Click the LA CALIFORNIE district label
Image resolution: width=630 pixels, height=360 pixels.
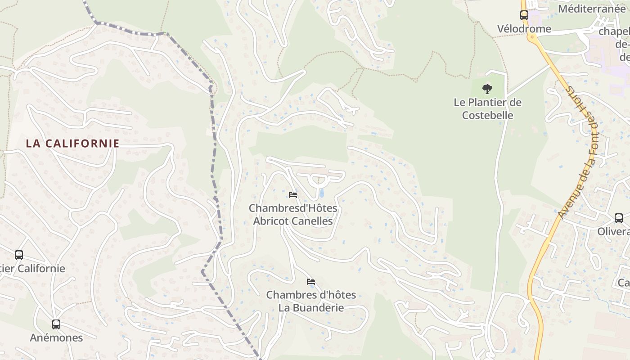click(72, 144)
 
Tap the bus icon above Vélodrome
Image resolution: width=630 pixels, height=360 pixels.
click(524, 15)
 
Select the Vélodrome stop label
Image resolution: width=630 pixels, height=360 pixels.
click(524, 29)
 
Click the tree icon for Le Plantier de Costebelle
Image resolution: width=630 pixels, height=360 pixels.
click(487, 89)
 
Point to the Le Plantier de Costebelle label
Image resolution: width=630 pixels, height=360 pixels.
click(487, 108)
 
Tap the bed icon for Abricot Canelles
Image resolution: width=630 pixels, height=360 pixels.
click(293, 195)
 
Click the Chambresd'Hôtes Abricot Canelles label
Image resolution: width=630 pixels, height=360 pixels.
click(293, 215)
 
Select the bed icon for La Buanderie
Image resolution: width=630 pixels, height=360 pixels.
click(311, 282)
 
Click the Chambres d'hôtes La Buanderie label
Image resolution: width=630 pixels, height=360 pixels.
click(311, 301)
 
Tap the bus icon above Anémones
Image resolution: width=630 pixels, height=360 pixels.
click(56, 324)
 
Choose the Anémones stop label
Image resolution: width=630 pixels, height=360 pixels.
click(56, 337)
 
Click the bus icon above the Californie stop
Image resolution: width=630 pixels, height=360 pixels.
click(19, 255)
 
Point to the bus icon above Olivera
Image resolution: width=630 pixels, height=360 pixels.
click(619, 218)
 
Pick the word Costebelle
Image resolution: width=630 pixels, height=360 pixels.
click(488, 115)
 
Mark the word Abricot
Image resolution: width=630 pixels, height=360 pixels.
click(270, 221)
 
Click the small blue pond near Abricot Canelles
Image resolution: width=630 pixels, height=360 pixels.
click(321, 193)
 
